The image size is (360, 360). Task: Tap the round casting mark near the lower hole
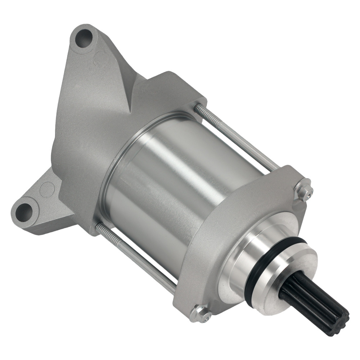point(47,189)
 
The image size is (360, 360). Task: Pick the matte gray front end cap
point(230,223)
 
